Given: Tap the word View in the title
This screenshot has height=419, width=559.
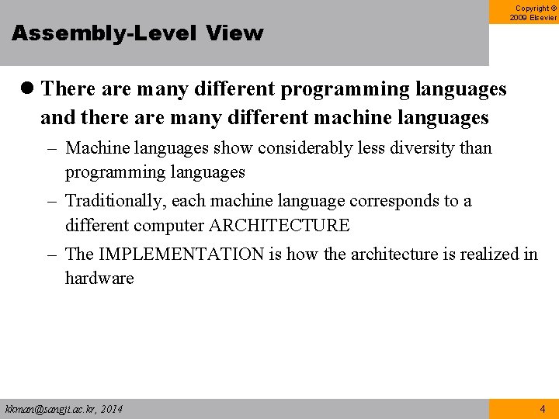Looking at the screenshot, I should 235,33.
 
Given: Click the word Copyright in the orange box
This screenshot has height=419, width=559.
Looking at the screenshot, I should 533,8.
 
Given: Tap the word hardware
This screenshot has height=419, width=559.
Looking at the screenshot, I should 99,279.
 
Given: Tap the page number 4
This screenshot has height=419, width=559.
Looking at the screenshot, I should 542,409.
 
